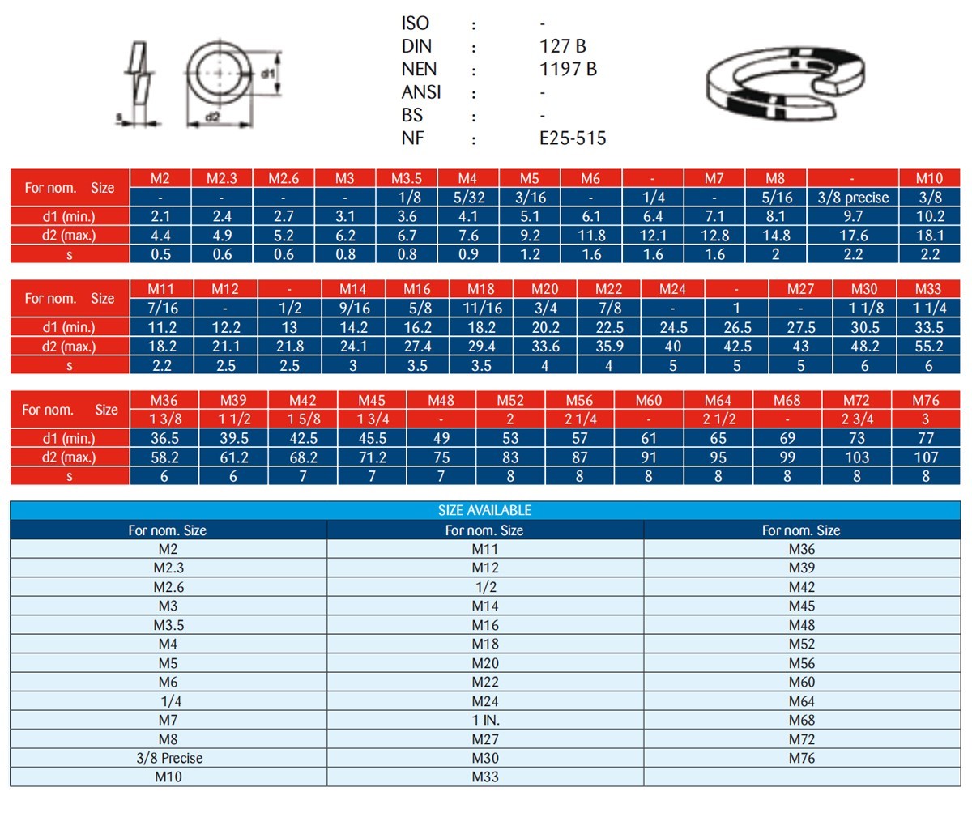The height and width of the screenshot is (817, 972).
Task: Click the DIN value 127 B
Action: point(562,46)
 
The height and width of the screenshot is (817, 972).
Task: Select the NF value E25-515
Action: point(572,138)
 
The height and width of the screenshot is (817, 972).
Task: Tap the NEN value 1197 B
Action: point(568,70)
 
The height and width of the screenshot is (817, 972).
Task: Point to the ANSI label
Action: point(421,92)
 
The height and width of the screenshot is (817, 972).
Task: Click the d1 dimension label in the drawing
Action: point(267,73)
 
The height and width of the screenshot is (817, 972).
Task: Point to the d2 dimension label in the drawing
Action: point(212,117)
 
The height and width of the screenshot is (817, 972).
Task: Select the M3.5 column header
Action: point(407,178)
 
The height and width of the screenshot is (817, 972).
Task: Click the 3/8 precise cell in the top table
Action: point(853,198)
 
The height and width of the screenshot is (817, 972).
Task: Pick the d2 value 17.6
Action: point(853,236)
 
